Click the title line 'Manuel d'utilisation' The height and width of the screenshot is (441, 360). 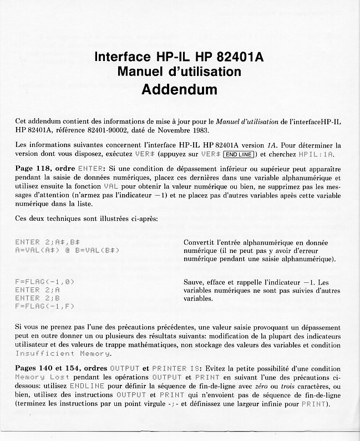[179, 72]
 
